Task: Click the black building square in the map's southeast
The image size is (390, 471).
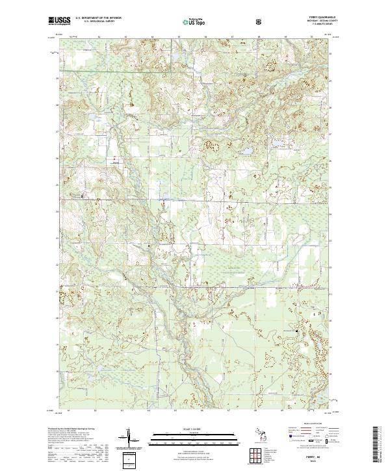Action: click(298, 332)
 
